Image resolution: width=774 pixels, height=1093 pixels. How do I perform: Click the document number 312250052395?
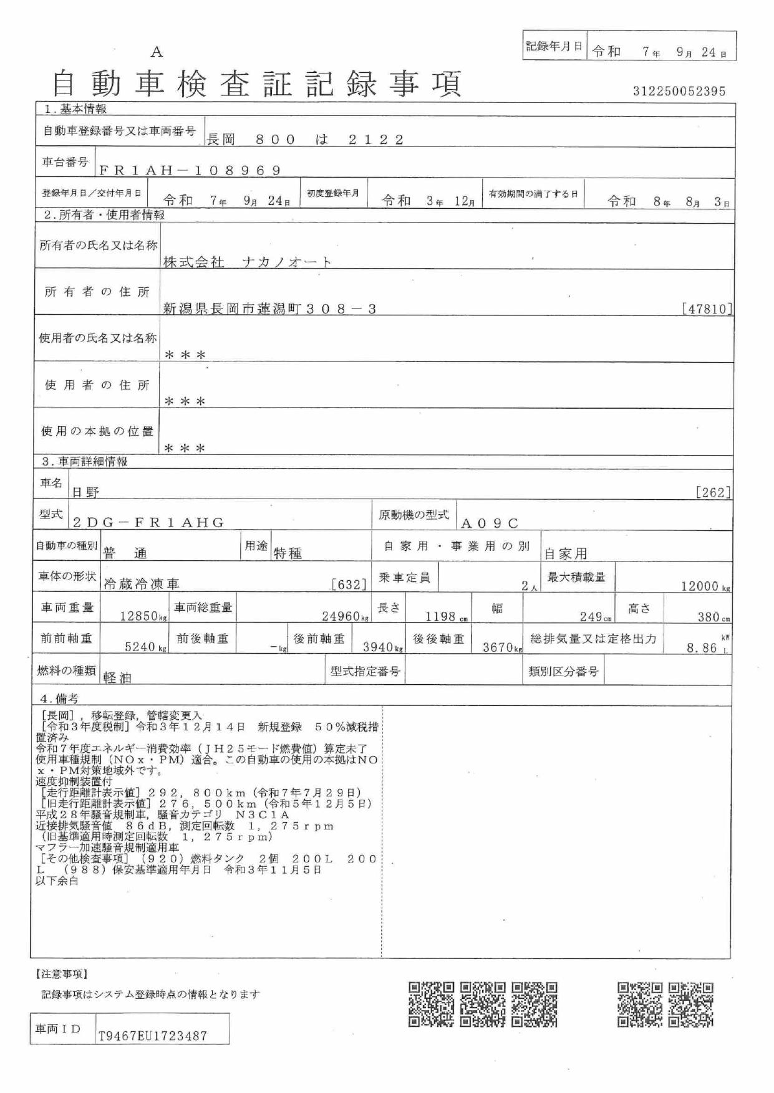(x=679, y=91)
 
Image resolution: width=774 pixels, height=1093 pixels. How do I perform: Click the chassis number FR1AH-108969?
(x=190, y=170)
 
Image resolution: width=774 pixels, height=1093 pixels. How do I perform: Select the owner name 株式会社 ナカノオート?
(x=247, y=262)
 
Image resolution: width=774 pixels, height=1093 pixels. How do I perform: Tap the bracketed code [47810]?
(x=707, y=308)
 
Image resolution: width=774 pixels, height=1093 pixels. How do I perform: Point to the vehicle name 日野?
(x=85, y=492)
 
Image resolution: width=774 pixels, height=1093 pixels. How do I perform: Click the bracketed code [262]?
(x=713, y=492)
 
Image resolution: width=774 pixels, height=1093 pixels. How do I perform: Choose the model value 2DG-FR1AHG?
(x=148, y=522)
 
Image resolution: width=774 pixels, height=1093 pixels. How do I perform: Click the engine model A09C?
(x=489, y=523)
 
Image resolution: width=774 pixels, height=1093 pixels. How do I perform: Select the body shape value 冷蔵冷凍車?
(x=141, y=584)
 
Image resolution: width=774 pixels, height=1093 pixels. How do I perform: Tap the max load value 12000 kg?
(x=705, y=586)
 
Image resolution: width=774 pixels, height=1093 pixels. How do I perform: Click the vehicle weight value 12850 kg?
(x=143, y=616)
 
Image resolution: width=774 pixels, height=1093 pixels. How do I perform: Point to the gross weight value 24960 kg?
(x=345, y=616)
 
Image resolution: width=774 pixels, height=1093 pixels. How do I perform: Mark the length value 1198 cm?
(x=445, y=616)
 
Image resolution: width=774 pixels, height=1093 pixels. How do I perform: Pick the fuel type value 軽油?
(x=117, y=677)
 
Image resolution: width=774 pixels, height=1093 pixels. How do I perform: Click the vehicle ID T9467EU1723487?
(x=153, y=1036)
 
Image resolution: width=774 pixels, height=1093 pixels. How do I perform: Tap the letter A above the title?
(x=156, y=52)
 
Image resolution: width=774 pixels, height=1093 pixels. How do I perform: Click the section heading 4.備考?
(x=59, y=699)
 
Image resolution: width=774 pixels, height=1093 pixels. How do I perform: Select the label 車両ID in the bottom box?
(x=58, y=1029)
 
